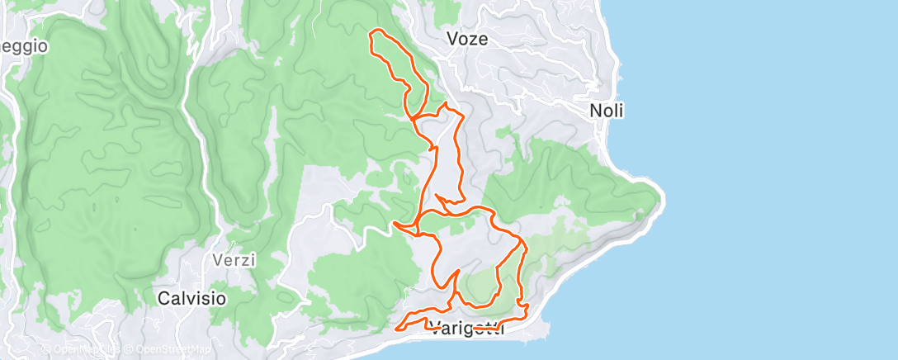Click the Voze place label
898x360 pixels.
click(466, 39)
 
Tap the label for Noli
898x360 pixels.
click(607, 111)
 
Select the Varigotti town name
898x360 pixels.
click(466, 329)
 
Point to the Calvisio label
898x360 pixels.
click(191, 298)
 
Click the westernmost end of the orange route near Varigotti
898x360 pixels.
click(399, 329)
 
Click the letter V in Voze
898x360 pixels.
click(451, 39)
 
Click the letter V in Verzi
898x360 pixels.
click(218, 260)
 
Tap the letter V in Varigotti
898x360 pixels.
click(432, 329)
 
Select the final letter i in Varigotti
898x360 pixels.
click(499, 329)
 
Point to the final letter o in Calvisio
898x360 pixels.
click(220, 298)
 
